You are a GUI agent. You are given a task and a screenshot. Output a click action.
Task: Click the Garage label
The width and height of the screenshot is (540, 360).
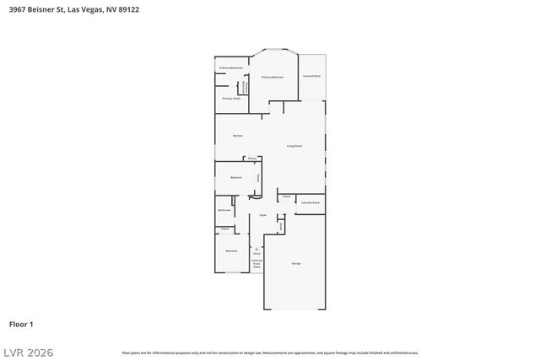click(x=296, y=264)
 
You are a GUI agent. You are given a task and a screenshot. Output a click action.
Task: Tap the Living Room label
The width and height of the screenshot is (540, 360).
click(x=294, y=146)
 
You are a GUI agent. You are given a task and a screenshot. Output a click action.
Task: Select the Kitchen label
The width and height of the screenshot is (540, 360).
click(x=238, y=136)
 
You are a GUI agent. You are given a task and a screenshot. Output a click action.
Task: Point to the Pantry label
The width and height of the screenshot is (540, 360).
click(x=251, y=159)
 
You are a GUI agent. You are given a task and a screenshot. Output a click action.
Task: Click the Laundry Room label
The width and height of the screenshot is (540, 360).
click(x=310, y=202)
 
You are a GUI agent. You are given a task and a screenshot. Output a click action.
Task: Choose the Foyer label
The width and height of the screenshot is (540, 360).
click(x=263, y=215)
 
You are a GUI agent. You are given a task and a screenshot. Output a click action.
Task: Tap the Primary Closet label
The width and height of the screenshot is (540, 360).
click(x=231, y=99)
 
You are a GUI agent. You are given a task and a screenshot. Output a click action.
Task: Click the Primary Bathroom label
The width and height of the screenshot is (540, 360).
click(x=231, y=67)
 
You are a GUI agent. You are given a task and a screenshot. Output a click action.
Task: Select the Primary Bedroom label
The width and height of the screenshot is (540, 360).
click(x=272, y=77)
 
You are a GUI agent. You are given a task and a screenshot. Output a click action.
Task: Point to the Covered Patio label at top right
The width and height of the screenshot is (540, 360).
click(x=311, y=76)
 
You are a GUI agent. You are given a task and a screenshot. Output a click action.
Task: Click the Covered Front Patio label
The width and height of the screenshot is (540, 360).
click(x=256, y=263)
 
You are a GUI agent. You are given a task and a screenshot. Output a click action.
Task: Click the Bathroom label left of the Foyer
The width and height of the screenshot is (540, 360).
click(x=225, y=209)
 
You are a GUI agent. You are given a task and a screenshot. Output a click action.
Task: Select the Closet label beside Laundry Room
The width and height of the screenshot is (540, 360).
click(x=287, y=196)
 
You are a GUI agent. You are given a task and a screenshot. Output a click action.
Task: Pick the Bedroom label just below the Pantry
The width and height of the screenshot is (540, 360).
click(x=236, y=177)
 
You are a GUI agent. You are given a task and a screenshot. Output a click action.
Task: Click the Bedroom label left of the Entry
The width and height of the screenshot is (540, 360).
click(x=231, y=250)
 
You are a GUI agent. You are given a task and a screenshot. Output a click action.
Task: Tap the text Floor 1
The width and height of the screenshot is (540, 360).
click(x=21, y=324)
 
